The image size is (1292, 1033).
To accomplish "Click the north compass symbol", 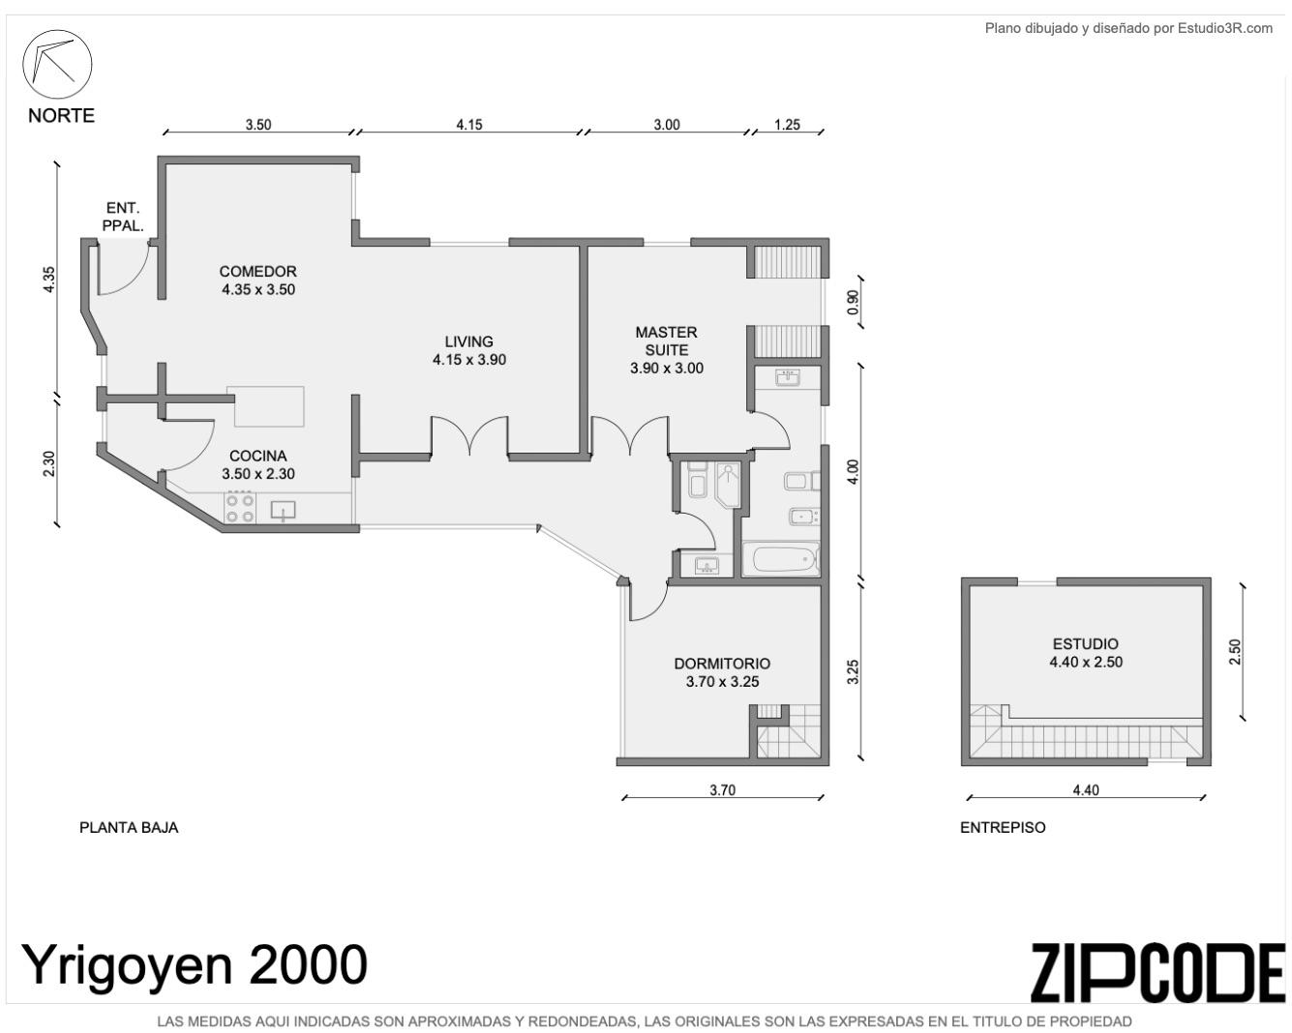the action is point(58,64).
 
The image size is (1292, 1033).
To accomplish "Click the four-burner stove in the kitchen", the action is point(240,508).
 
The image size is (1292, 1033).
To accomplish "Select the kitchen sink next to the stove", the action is point(284,510).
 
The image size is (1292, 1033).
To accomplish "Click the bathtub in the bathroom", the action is point(780,559).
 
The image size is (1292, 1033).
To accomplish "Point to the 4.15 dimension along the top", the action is point(468,124).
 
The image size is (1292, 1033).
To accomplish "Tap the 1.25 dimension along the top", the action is point(787,124).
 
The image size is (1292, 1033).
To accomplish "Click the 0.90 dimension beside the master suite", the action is point(854,302).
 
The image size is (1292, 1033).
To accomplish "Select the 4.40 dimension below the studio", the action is point(1086,790).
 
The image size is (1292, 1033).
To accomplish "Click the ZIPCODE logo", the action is point(1159,973).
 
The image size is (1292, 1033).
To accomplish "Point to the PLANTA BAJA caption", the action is point(129,827).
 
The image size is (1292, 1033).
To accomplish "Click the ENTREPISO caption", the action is point(1003,827).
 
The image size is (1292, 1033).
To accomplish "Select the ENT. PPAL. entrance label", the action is point(123,217).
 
